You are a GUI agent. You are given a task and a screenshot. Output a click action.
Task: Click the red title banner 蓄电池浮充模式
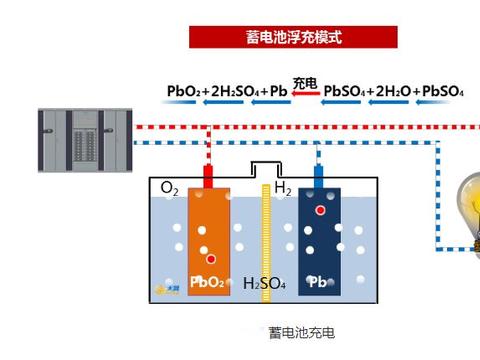point(293,37)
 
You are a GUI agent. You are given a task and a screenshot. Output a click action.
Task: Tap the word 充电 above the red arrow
point(305,82)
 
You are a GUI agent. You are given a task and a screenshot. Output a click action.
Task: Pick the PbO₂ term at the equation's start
point(183,92)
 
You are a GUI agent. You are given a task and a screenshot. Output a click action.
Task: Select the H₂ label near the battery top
point(283,188)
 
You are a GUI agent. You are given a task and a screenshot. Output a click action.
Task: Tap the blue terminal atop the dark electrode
point(319,176)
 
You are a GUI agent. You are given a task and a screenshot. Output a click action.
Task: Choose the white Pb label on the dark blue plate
point(318,282)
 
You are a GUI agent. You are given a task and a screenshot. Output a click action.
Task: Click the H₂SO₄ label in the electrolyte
point(265,283)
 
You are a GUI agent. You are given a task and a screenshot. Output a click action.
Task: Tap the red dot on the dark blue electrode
point(320,211)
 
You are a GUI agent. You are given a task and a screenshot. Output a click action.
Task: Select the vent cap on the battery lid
point(265,168)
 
